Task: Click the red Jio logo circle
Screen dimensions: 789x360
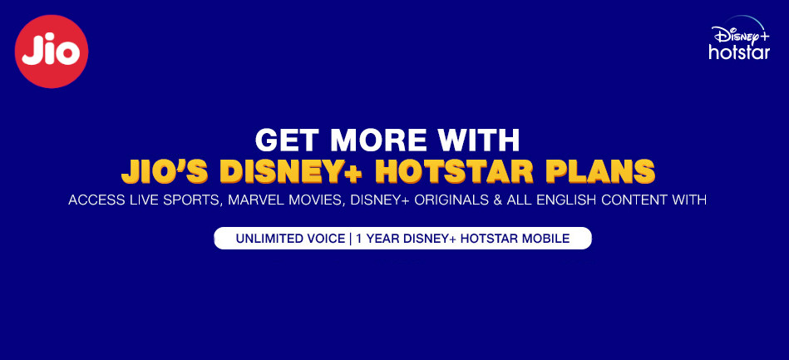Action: coord(52,52)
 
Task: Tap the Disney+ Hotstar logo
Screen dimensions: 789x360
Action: coord(740,37)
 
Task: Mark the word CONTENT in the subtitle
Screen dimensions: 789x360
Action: coord(631,200)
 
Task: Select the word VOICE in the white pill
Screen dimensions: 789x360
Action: coord(327,239)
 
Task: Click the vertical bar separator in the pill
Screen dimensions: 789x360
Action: coord(350,239)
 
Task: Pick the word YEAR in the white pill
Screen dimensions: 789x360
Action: coord(379,239)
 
